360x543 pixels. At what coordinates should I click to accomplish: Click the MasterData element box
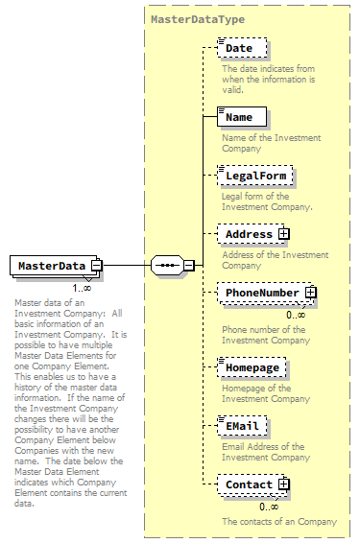[x=50, y=266]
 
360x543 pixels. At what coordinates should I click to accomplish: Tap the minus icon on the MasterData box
[x=97, y=266]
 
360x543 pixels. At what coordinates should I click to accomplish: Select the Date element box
[x=240, y=48]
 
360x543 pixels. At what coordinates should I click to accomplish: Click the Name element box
[x=240, y=117]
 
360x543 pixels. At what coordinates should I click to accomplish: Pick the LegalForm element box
[x=253, y=177]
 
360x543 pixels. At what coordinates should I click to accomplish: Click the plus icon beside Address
[x=283, y=233]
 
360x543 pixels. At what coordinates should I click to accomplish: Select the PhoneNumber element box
[x=261, y=292]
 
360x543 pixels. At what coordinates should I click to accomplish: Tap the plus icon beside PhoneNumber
[x=310, y=292]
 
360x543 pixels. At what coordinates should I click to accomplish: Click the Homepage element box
[x=252, y=366]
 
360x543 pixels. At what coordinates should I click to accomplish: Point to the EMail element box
[x=243, y=426]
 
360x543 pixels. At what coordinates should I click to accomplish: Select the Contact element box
[x=249, y=485]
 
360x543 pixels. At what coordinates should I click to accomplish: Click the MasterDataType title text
[x=197, y=18]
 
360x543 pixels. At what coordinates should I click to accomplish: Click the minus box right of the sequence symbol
[x=189, y=266]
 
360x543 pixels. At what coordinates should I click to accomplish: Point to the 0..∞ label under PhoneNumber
[x=296, y=314]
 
